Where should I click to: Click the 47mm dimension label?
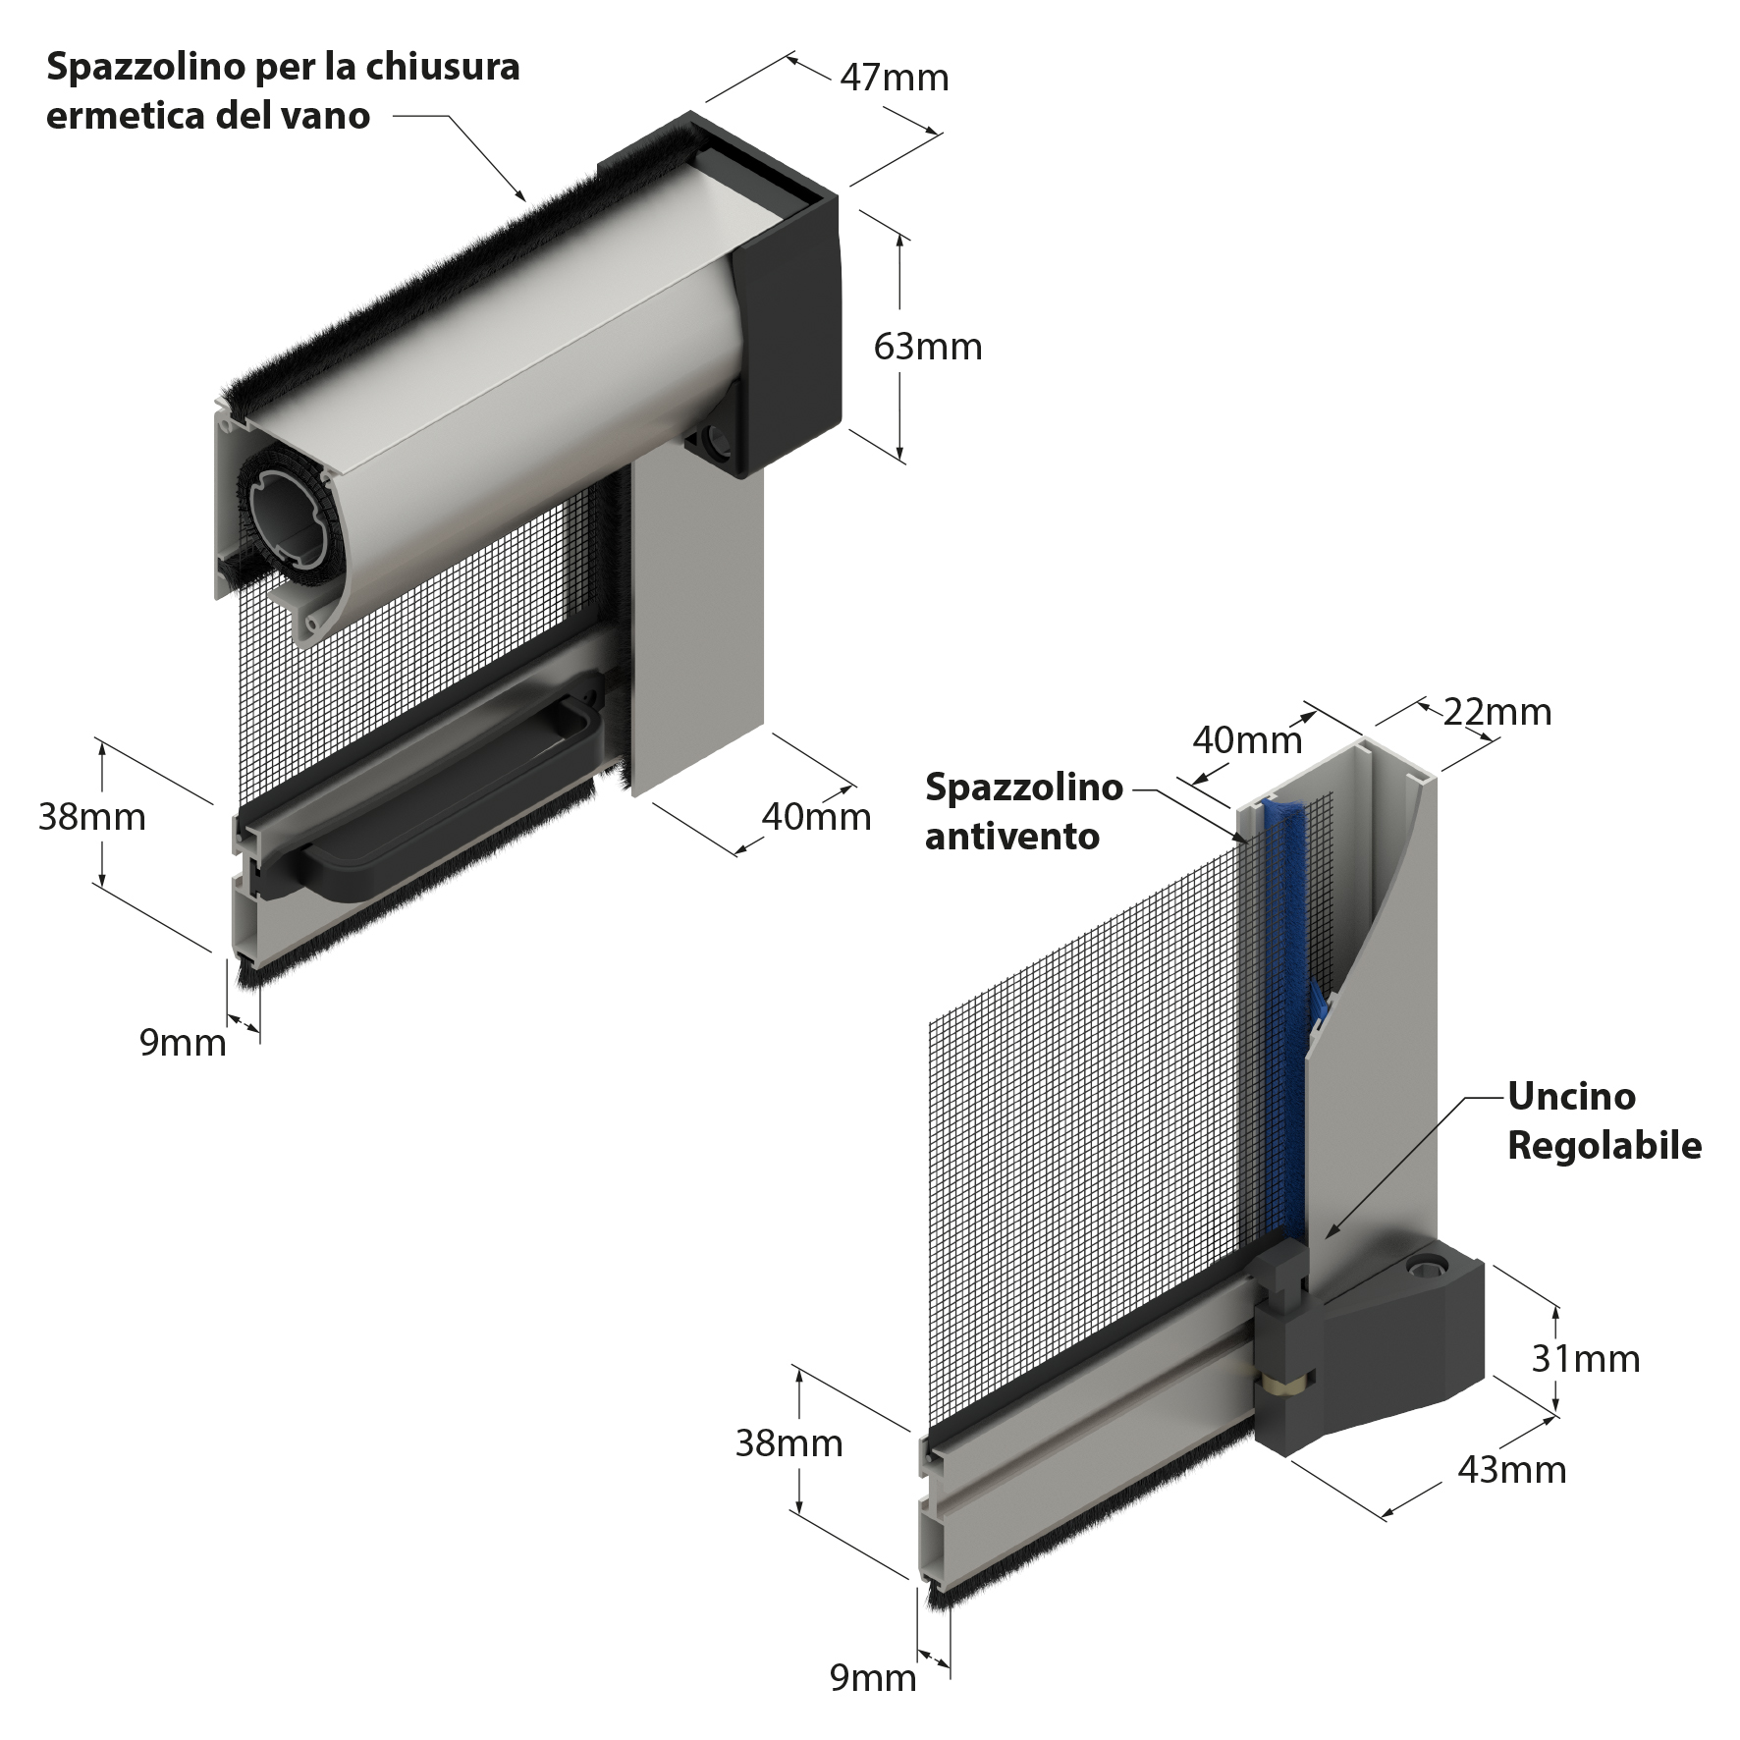point(895,78)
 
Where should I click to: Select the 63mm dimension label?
point(928,347)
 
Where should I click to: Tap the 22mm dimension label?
point(1497,711)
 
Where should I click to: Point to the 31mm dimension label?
point(1586,1358)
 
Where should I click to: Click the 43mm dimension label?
point(1512,1469)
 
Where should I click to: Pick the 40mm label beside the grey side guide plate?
point(816,816)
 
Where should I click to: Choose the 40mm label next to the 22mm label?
point(1247,739)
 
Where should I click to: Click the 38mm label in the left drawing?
point(91,816)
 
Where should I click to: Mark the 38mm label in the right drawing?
point(788,1442)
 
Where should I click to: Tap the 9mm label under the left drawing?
point(183,1042)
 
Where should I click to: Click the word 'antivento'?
point(1011,837)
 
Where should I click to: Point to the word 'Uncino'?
point(1571,1096)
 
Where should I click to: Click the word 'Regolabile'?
point(1604,1145)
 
